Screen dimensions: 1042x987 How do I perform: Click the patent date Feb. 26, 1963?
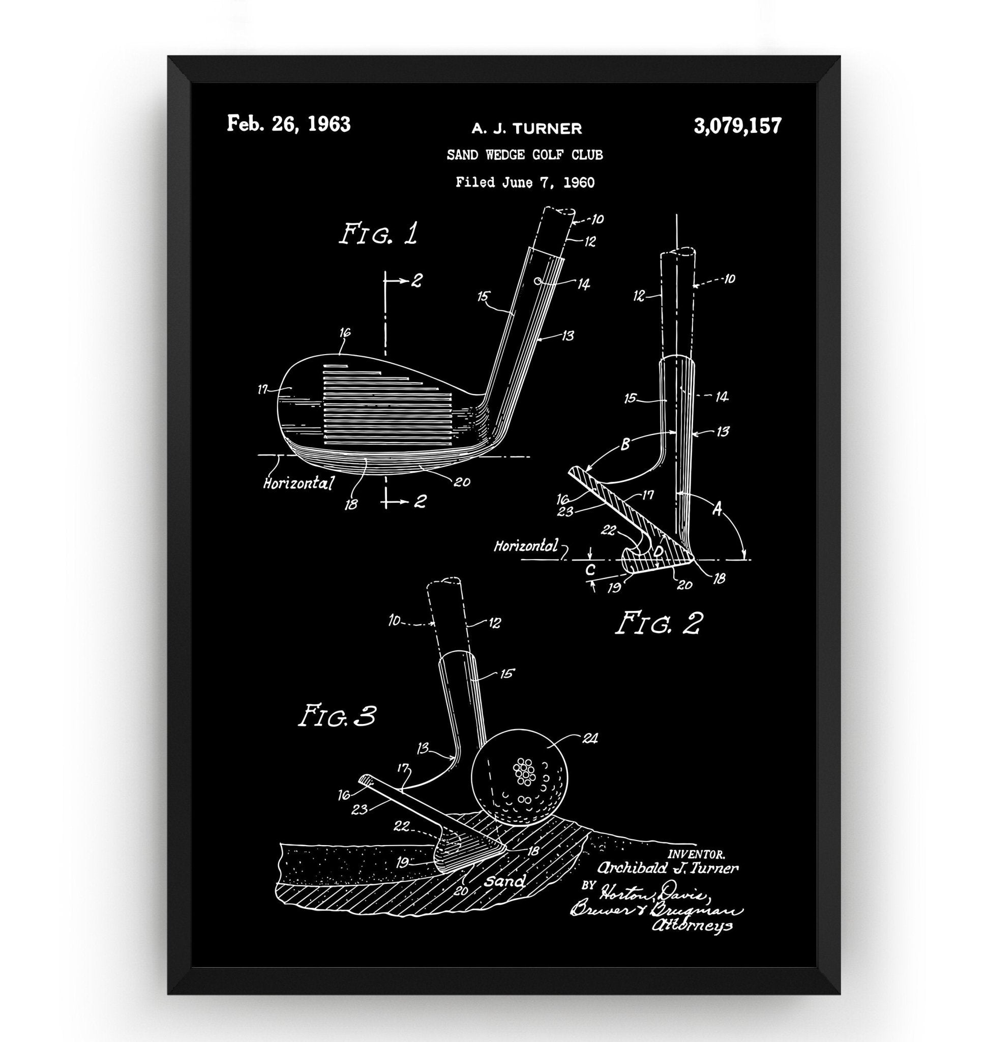[x=288, y=125]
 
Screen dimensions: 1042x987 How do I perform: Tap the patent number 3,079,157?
[x=737, y=126]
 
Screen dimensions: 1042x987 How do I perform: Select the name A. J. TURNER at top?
[x=526, y=128]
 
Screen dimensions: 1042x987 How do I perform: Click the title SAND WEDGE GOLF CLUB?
[x=525, y=155]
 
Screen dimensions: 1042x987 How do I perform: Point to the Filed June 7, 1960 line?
[x=525, y=183]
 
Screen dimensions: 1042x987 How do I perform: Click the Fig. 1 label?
[x=378, y=234]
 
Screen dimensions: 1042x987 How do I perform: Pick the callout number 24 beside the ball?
[x=590, y=739]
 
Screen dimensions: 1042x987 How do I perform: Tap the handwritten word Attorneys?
[x=692, y=925]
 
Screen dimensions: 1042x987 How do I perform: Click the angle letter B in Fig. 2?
[x=624, y=445]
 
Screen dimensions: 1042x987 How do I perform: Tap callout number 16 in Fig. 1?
[x=345, y=333]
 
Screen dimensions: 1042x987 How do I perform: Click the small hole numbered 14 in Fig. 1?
[x=537, y=281]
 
